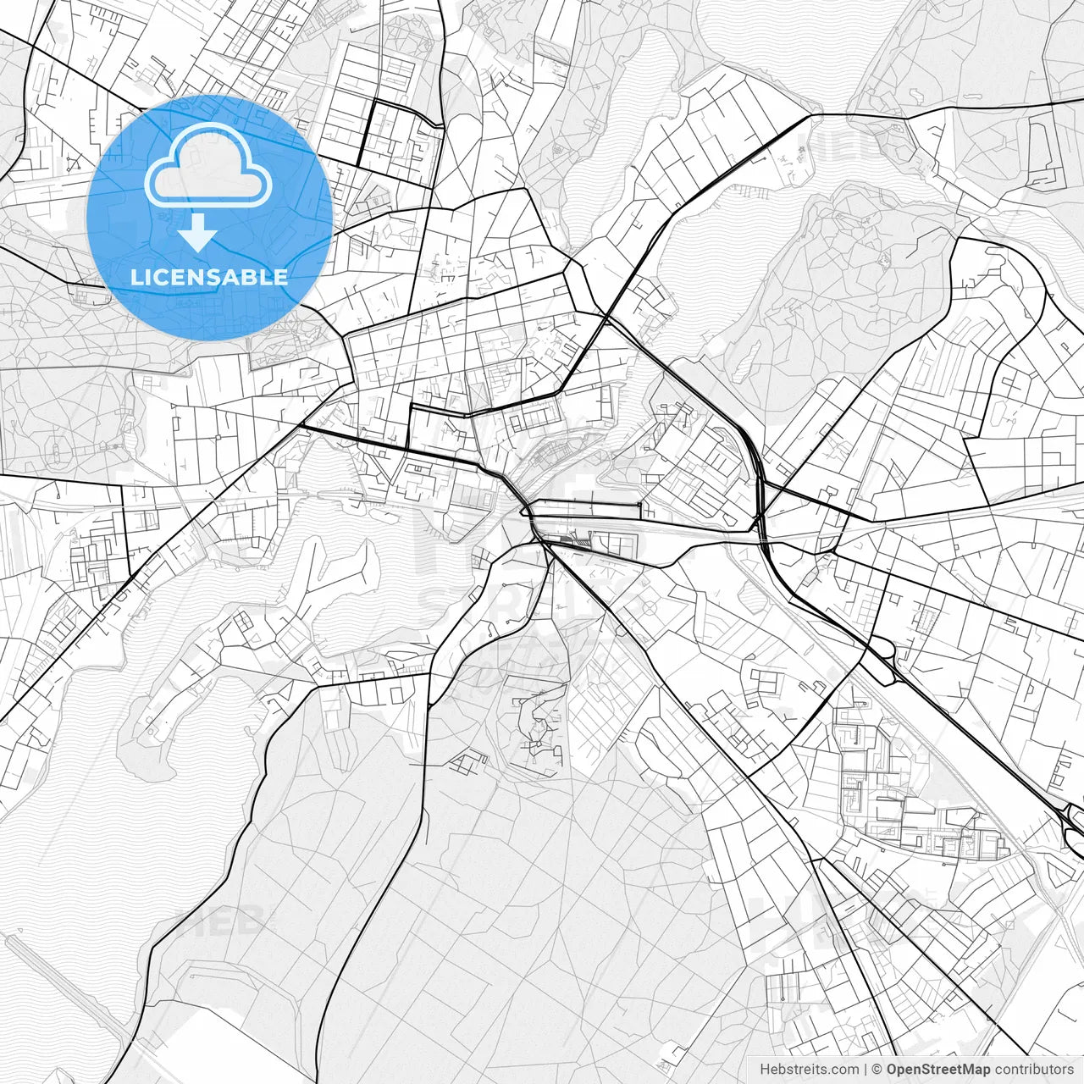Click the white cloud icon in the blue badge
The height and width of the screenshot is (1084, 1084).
point(208,165)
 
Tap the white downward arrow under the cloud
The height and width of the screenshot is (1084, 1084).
point(197,232)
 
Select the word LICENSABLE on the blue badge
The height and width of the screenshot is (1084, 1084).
point(208,277)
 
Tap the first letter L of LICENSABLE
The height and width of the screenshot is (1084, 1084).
point(136,277)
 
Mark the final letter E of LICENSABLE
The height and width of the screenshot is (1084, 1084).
point(280,277)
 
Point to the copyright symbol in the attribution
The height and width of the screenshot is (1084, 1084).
point(878,1070)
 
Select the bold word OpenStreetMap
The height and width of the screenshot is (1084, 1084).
point(938,1070)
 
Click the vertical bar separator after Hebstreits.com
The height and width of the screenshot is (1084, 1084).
point(865,1070)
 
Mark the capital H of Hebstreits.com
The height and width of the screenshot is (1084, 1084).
point(765,1070)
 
